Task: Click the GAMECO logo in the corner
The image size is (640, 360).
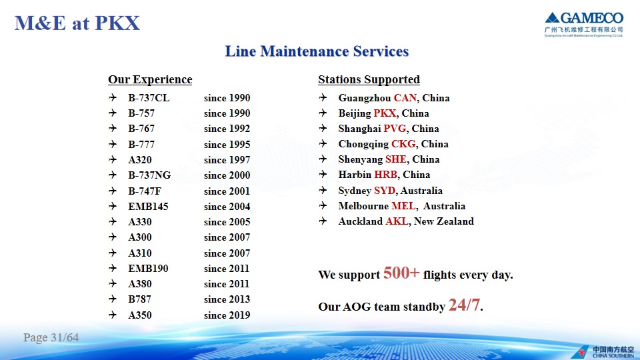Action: tap(584, 25)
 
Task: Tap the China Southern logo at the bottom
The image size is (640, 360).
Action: tap(603, 352)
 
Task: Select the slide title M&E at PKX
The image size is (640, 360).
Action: tap(77, 23)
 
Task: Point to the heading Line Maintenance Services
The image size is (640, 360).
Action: tap(317, 51)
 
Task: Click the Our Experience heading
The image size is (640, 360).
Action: tap(150, 79)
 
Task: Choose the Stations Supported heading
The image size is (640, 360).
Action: tap(369, 79)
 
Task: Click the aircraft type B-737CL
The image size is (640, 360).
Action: tap(149, 98)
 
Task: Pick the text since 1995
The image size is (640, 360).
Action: tap(227, 145)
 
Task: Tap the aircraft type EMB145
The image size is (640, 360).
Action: tap(148, 207)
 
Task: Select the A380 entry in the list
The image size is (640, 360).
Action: tap(139, 284)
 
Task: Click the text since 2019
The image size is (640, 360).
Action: tap(227, 315)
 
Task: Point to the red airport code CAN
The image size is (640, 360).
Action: tap(405, 98)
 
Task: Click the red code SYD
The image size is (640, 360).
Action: tap(385, 191)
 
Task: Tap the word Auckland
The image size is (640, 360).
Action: tap(361, 221)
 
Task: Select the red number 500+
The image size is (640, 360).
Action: tap(401, 273)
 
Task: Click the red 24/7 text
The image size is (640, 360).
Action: tap(464, 305)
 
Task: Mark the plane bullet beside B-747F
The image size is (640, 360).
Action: tap(113, 191)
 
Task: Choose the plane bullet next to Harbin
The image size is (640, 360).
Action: tap(323, 174)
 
